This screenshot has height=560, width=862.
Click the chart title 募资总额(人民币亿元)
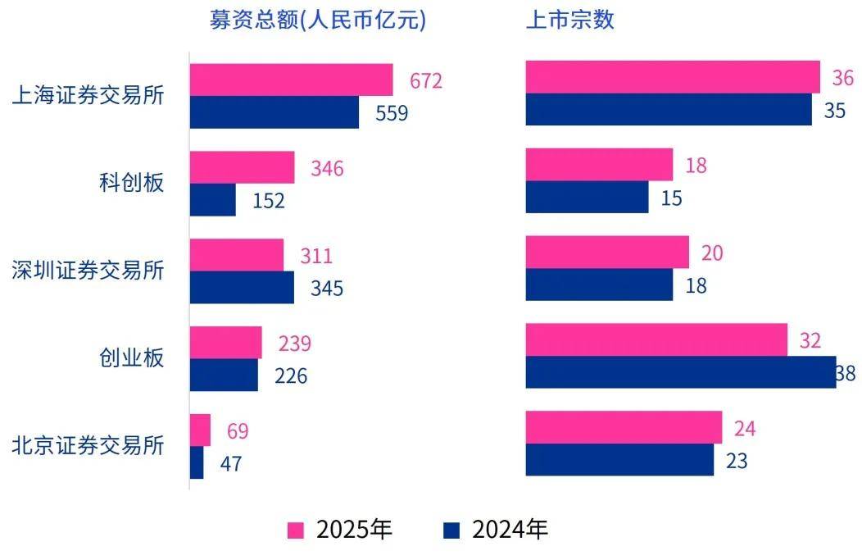(x=318, y=20)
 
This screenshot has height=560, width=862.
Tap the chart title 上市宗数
(x=570, y=20)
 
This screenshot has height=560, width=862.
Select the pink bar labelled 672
(x=291, y=80)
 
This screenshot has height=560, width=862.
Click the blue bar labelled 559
(x=274, y=112)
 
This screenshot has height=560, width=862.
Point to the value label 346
(x=327, y=169)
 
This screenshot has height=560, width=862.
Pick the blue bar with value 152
(x=212, y=200)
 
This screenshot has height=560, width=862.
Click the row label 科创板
(x=131, y=182)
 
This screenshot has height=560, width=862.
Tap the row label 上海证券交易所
(x=88, y=95)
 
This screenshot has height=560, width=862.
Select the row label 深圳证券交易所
(x=88, y=270)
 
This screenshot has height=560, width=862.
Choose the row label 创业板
(x=131, y=357)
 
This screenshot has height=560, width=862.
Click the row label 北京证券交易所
(x=88, y=445)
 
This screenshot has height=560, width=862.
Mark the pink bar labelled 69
(x=200, y=430)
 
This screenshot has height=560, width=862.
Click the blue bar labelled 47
(x=197, y=462)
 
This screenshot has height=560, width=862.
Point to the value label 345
(x=326, y=289)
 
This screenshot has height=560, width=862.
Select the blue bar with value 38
(x=680, y=372)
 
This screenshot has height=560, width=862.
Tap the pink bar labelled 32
(x=656, y=339)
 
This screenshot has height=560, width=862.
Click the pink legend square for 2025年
(x=296, y=530)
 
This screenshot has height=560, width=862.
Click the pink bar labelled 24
(x=623, y=427)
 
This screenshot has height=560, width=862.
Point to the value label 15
(x=671, y=198)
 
